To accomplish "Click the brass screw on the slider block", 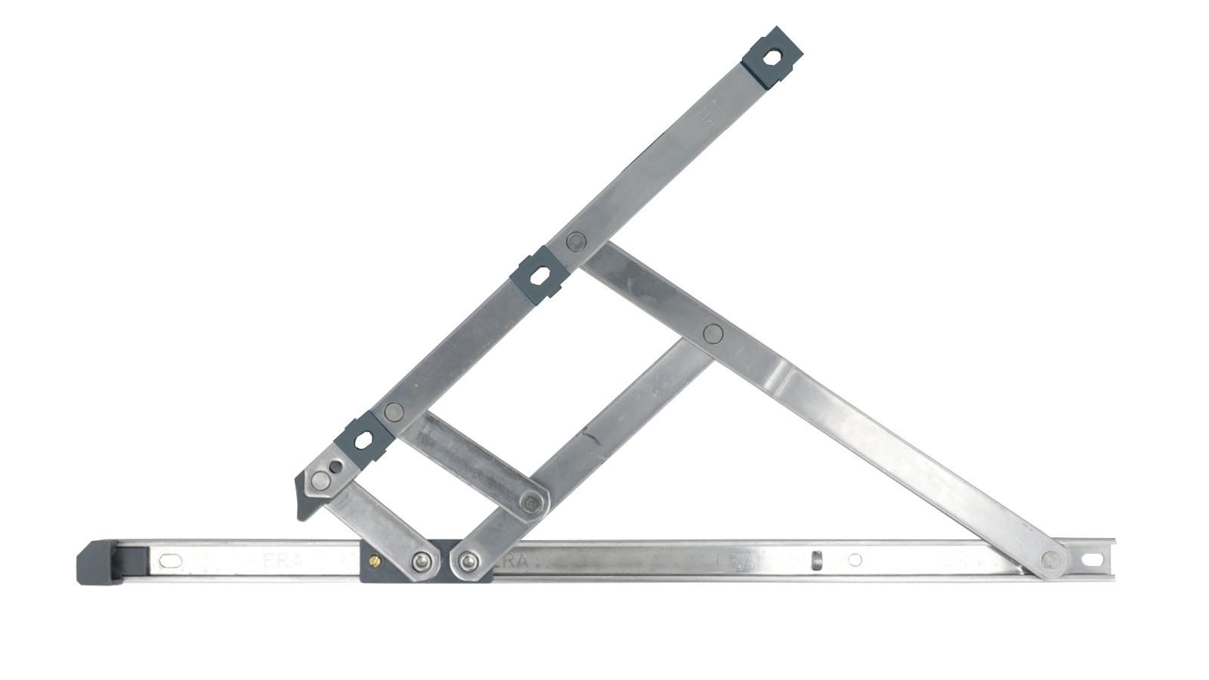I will coord(375,561).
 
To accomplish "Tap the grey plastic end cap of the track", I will coord(97,562).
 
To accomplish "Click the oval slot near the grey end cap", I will coord(170,561).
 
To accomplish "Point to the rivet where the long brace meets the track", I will coord(1050,560).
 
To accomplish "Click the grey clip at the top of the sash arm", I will coord(771,57).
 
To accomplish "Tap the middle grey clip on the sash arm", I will coord(539,275).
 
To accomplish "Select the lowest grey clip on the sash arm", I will coord(363,440).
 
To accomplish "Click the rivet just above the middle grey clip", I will coord(577,242).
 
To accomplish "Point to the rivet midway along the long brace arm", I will coord(713,333).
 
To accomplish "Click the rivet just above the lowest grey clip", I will coord(394,412).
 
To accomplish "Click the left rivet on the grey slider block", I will coord(422,561).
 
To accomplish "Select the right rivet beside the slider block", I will coord(468,561).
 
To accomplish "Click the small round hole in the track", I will coord(855,560).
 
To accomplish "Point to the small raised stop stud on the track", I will coord(816,561).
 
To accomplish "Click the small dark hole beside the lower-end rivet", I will coord(335,467).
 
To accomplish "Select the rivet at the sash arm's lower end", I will coord(320,480).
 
